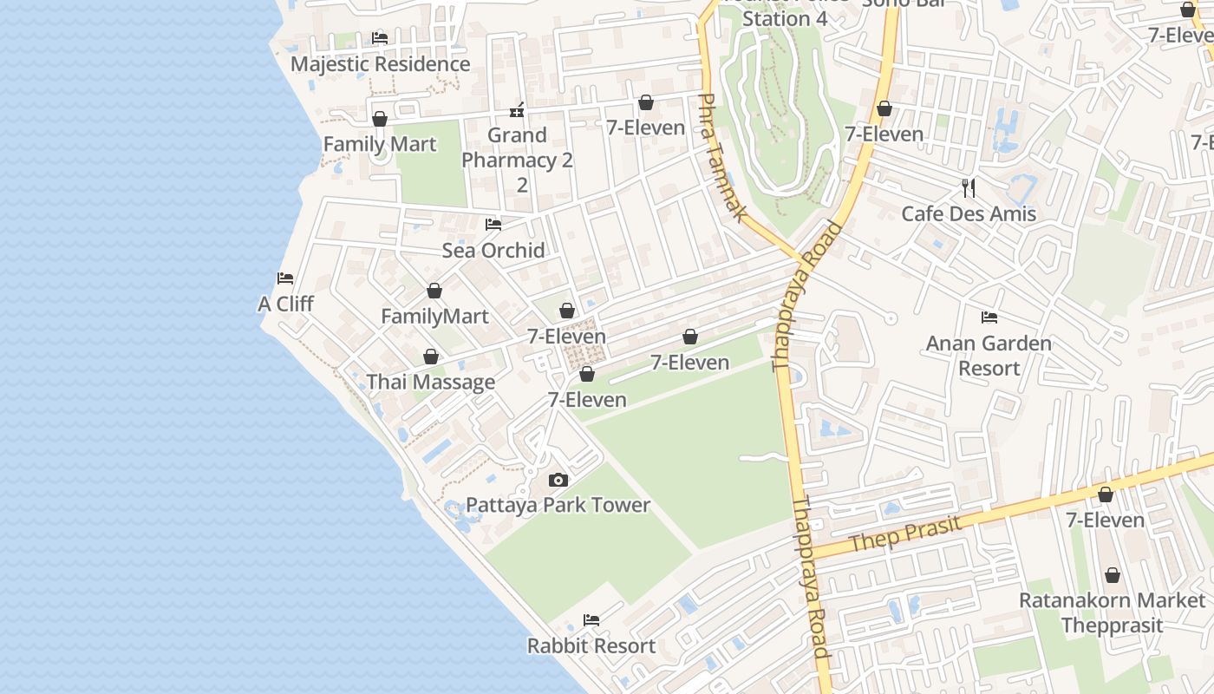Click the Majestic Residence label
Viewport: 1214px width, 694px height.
380,64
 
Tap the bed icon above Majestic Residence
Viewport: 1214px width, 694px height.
380,38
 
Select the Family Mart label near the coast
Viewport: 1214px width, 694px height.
380,144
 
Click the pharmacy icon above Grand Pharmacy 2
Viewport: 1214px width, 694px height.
517,110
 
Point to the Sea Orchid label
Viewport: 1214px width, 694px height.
493,251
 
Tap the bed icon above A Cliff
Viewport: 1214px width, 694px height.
285,278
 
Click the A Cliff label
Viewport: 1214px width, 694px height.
285,304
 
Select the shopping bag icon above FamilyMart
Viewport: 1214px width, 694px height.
434,291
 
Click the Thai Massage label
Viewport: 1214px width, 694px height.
431,383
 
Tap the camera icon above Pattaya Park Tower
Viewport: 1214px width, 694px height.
558,480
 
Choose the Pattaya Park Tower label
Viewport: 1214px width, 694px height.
558,505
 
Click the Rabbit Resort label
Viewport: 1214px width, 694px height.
591,646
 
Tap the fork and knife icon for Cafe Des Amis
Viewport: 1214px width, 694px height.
969,187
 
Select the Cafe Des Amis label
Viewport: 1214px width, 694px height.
969,214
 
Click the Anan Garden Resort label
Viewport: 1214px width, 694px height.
989,356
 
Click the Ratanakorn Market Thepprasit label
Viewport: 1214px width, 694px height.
1112,612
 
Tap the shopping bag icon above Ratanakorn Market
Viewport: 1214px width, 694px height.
1112,575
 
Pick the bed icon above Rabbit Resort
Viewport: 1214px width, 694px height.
591,620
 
